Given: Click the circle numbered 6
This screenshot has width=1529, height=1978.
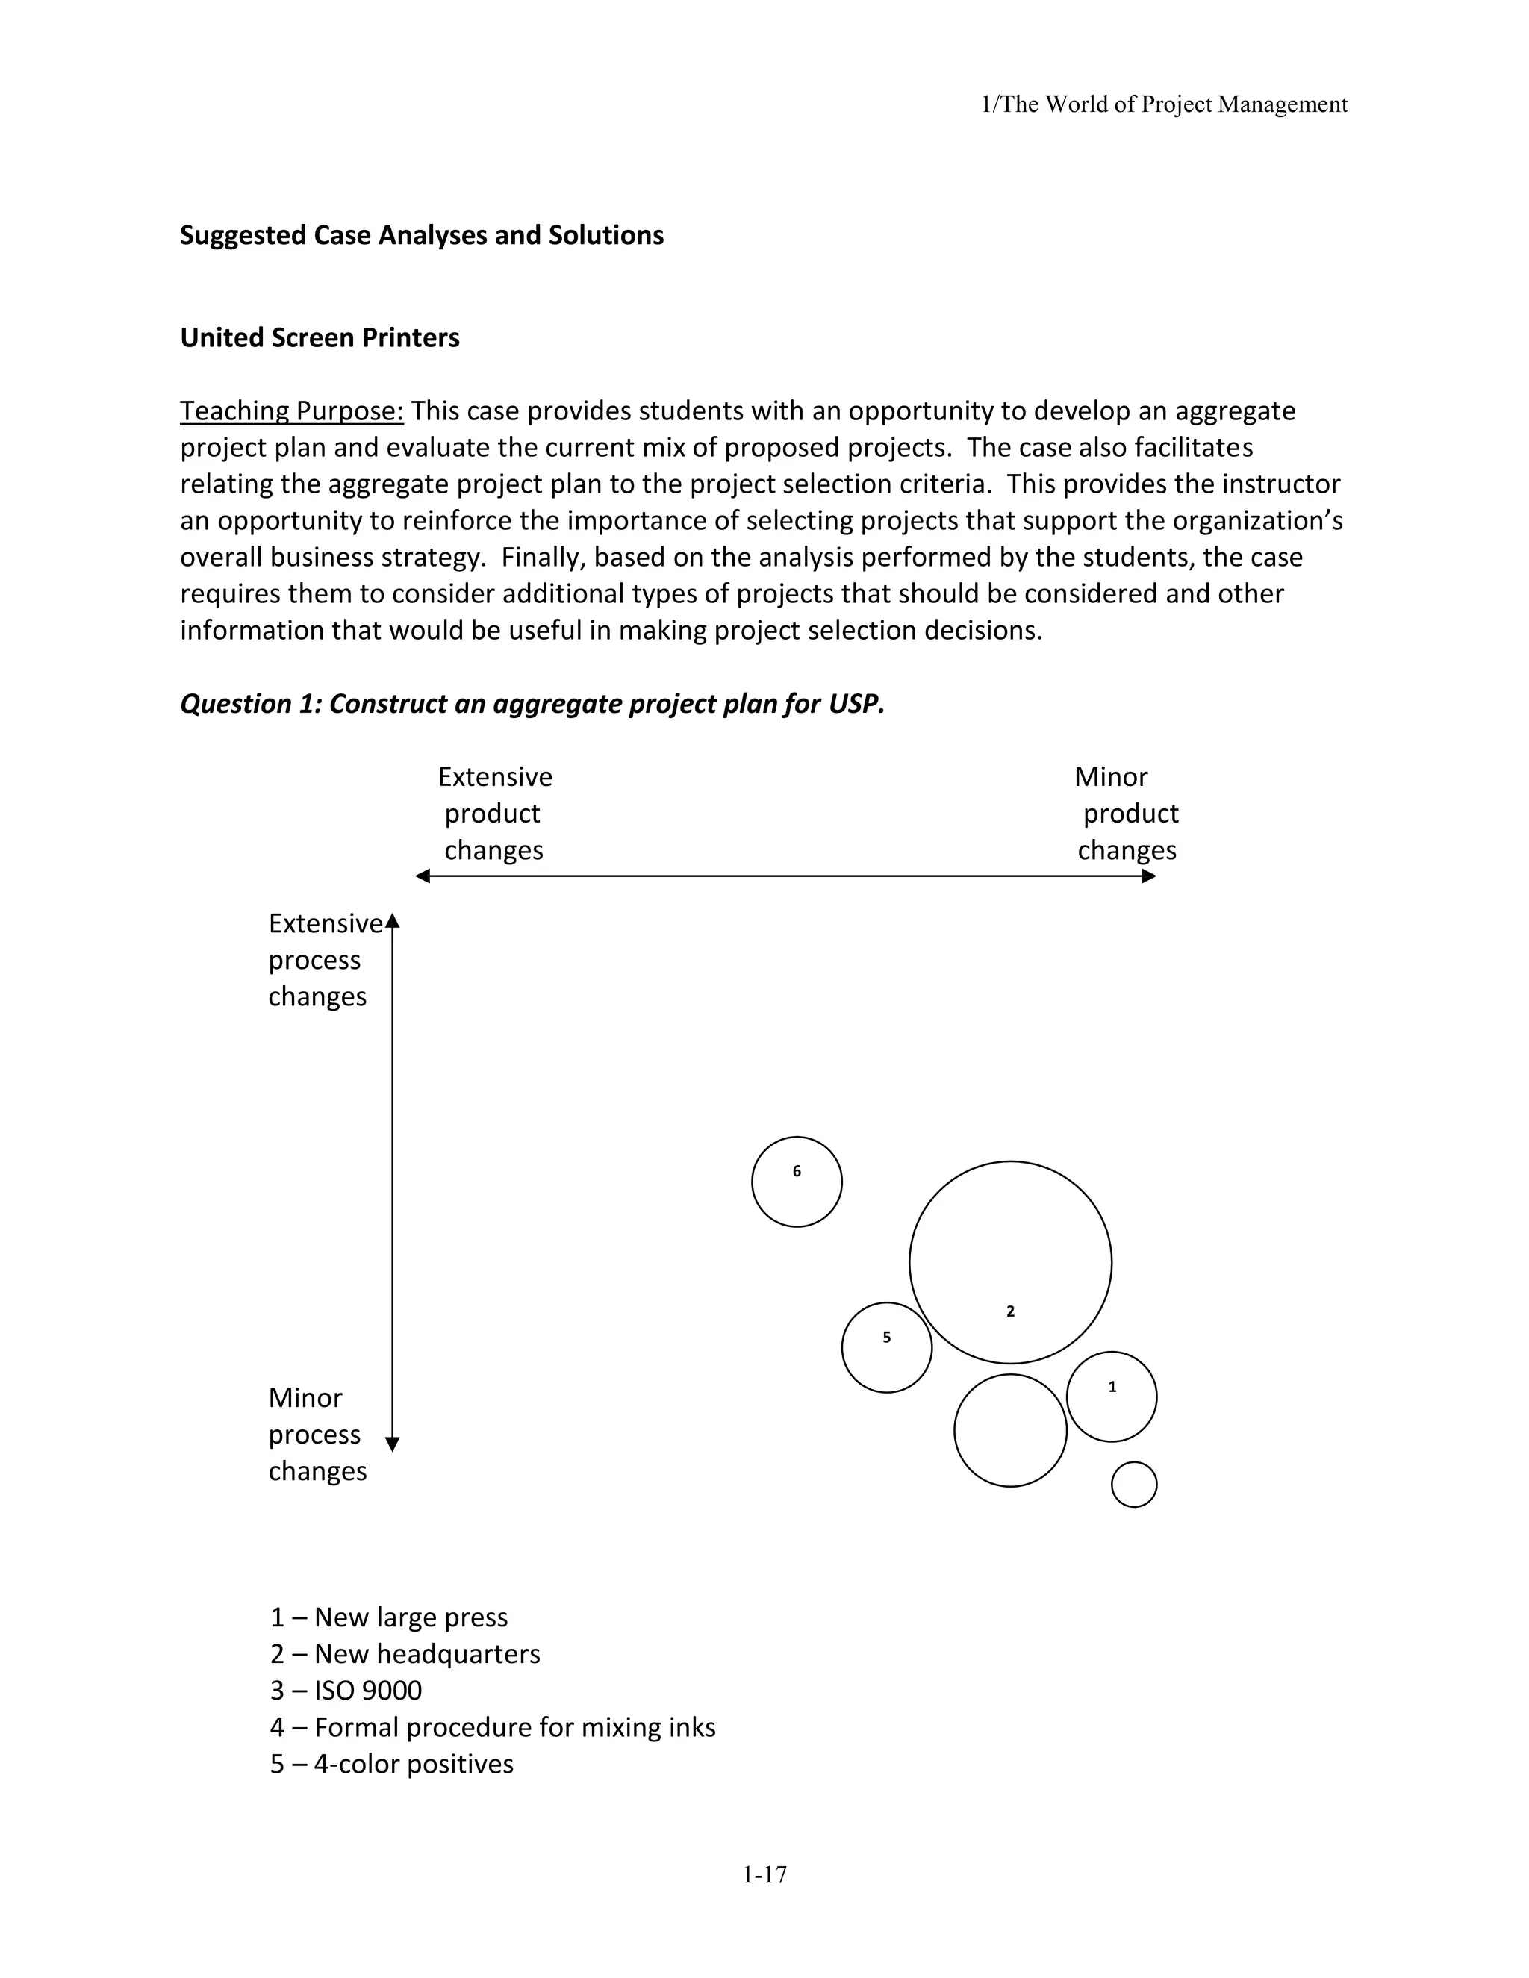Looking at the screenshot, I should [x=796, y=1181].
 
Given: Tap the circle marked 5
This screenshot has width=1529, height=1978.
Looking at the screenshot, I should [x=886, y=1347].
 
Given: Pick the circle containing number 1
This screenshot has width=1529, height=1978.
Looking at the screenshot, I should [x=1112, y=1396].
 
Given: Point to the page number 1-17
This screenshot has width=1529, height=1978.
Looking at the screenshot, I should [x=764, y=1875].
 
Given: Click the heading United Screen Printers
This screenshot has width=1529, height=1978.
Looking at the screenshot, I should [x=320, y=338].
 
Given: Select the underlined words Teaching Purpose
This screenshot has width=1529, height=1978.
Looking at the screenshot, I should [x=290, y=411].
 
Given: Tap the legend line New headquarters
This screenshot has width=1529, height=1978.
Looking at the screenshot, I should [x=405, y=1654].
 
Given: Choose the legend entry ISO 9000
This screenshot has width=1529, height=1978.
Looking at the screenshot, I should [x=346, y=1690].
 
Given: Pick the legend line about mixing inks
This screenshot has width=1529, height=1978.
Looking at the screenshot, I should [x=493, y=1727].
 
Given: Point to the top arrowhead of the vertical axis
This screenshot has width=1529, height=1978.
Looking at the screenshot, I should [x=392, y=922].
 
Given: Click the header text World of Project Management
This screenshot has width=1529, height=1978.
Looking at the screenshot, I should [x=1196, y=105].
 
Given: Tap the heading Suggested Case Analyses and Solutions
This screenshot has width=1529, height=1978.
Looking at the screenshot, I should [x=421, y=235].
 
